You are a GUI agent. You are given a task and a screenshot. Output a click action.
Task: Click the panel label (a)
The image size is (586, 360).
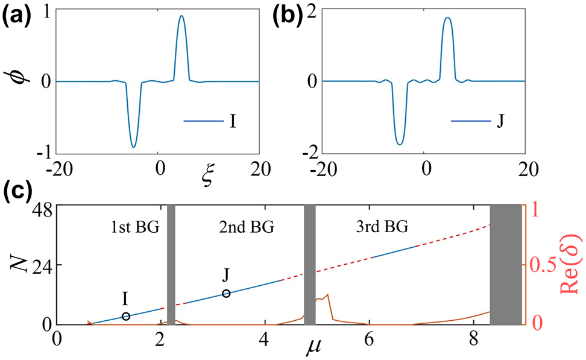click(x=17, y=14)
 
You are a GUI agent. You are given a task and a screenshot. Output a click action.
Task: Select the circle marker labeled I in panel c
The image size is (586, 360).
click(x=126, y=316)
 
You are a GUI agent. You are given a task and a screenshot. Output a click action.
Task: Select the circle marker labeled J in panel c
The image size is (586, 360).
click(x=226, y=293)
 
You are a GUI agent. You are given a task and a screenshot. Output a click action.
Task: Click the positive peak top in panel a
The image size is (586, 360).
click(x=181, y=16)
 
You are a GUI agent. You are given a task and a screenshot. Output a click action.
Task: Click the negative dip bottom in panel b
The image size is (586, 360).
click(x=399, y=144)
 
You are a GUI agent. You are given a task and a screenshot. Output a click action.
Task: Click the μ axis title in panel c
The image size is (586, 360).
click(x=307, y=349)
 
